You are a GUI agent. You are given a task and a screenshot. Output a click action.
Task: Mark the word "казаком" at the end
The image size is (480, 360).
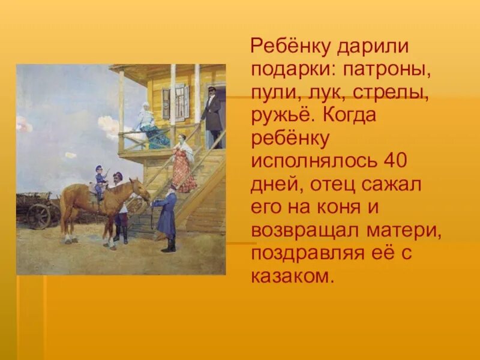click(x=290, y=277)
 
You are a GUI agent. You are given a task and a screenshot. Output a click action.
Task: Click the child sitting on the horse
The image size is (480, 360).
click(x=100, y=180)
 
